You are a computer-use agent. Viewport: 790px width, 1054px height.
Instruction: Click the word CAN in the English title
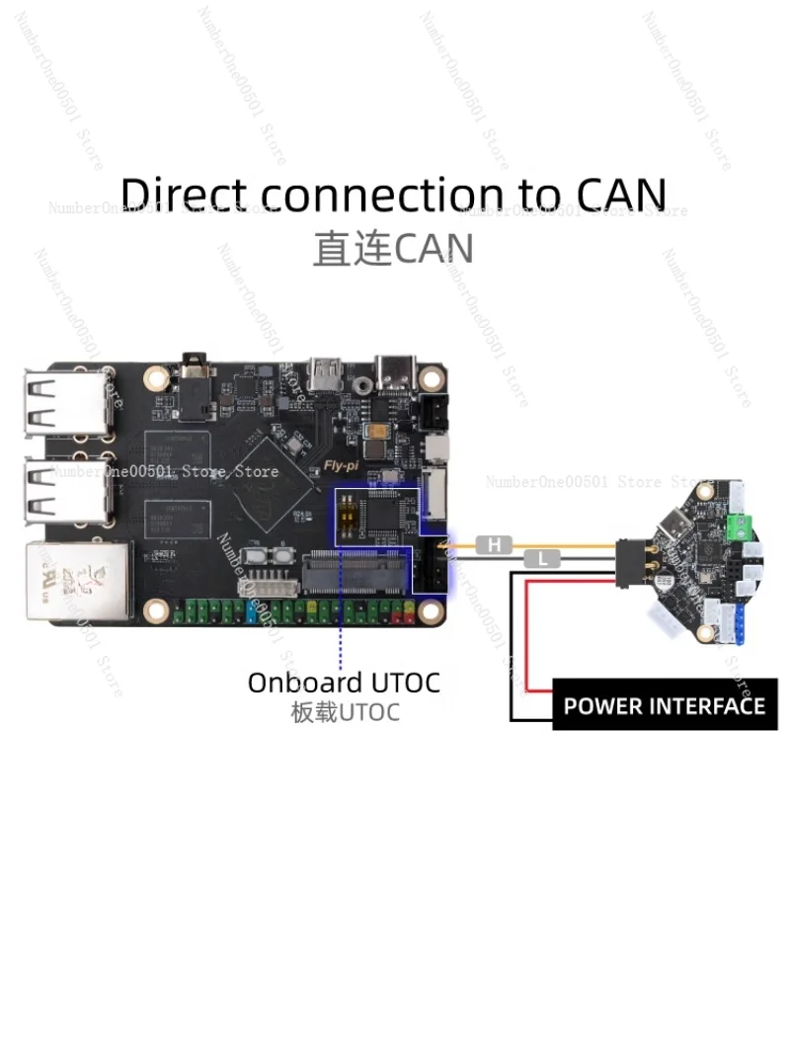(622, 195)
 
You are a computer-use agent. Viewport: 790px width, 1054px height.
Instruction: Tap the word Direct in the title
(184, 195)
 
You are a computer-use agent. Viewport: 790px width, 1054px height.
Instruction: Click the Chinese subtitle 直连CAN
(393, 248)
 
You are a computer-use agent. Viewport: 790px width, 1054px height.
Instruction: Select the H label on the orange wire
(493, 544)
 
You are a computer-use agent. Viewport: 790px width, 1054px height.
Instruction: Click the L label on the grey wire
(542, 559)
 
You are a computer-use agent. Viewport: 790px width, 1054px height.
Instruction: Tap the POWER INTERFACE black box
(665, 705)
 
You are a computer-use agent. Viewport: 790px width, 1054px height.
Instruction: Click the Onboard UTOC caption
(344, 683)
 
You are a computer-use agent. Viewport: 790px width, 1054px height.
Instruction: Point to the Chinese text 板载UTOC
(345, 713)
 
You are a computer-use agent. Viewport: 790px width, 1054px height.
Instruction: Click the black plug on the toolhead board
(633, 563)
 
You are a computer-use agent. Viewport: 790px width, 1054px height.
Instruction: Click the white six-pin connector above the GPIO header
(264, 583)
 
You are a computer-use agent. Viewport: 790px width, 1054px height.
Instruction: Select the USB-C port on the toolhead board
(674, 523)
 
